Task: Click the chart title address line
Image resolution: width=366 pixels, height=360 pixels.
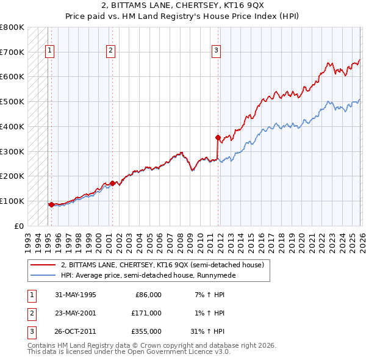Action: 182,5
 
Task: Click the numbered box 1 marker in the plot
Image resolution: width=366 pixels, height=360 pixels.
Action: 49,51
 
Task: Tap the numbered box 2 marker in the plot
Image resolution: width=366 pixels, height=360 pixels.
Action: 110,51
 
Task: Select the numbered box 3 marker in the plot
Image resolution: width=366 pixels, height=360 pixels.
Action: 217,51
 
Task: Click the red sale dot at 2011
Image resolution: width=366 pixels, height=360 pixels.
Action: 218,137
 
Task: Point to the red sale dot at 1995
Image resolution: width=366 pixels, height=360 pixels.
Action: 51,204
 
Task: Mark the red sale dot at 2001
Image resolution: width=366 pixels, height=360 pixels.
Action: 112,183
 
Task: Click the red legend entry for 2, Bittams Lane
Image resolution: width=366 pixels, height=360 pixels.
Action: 162,265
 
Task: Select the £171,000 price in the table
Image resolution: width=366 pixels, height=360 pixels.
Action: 146,313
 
